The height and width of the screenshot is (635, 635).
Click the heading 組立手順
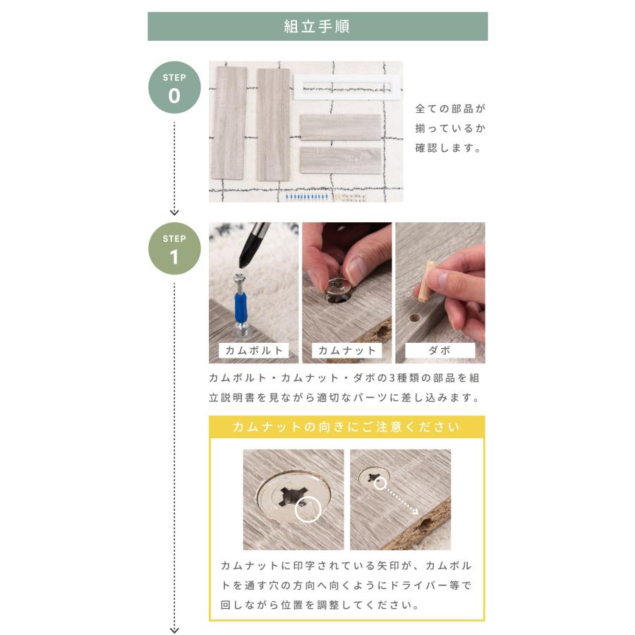coord(317,27)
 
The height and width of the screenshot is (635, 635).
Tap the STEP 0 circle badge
coord(174,87)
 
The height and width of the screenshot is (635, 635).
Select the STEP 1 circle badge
coord(174,248)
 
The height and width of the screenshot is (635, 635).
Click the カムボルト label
coord(253,350)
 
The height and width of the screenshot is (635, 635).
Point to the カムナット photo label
coord(346,350)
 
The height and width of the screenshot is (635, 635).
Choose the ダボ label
coord(440,350)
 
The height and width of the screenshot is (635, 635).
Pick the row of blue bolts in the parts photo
coord(307,198)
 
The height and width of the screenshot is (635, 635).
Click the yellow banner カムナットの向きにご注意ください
coord(346,427)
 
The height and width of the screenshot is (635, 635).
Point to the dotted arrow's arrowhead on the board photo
coord(414,511)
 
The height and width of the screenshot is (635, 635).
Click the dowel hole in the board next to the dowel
coord(413,318)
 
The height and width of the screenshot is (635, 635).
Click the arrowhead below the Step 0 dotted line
coord(174,212)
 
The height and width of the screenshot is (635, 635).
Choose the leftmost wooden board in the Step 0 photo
coord(229,123)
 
